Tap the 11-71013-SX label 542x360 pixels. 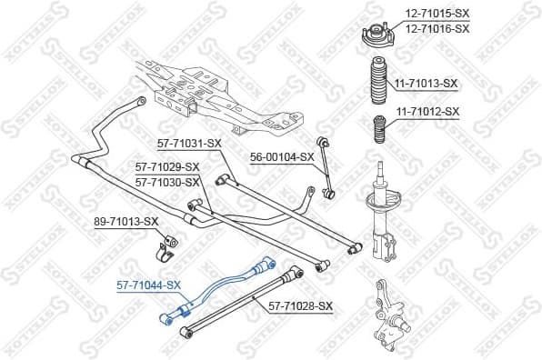pos(425,84)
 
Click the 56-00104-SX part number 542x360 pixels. pos(282,156)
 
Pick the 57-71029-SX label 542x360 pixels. pos(167,167)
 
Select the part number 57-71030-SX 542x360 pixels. pos(167,182)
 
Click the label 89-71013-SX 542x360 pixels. pos(126,221)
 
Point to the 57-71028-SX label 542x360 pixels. pos(301,306)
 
